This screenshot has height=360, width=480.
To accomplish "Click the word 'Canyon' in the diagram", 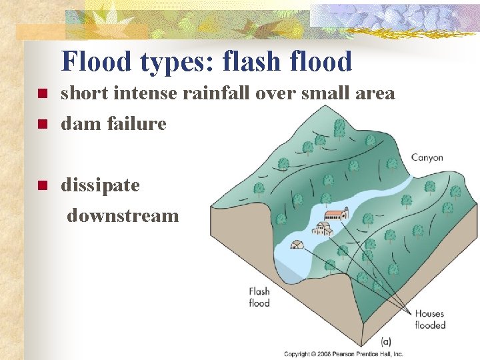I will [427, 158].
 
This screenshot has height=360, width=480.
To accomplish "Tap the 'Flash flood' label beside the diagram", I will [259, 297].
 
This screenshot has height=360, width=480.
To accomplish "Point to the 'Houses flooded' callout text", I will [429, 319].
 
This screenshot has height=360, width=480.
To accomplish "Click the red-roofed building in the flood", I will [336, 215].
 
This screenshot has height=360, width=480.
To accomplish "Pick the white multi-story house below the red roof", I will [323, 229].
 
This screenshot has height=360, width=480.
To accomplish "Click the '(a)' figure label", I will [385, 341].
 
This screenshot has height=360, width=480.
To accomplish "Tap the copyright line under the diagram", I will [343, 353].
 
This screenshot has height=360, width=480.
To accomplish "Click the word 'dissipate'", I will [100, 185].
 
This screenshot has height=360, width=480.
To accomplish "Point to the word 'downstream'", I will [123, 215].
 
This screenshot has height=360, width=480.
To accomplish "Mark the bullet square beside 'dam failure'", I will [41, 124].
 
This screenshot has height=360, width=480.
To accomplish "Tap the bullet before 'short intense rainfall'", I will [41, 94].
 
